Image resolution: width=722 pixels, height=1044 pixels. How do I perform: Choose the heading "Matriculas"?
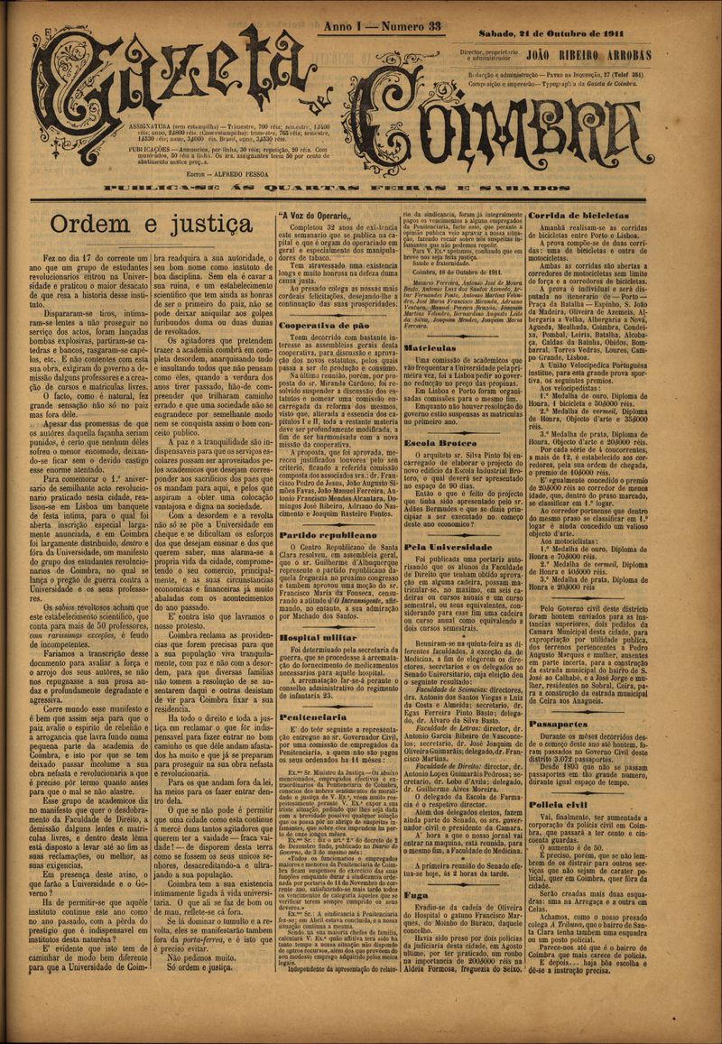coord(430,346)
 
